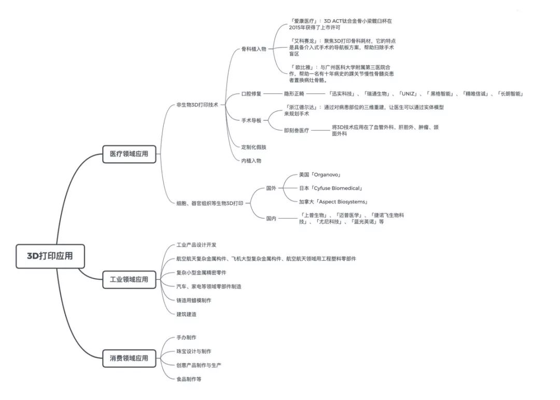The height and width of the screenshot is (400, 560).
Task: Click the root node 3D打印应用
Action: click(x=50, y=256)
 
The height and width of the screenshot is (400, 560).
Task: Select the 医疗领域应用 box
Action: click(x=129, y=154)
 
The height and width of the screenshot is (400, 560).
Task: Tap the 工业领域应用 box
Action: click(x=129, y=280)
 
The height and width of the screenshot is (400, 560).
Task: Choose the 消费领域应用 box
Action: click(x=129, y=358)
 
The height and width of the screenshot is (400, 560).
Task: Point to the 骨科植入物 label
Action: click(x=254, y=49)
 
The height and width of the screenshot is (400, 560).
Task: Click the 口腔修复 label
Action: click(x=251, y=94)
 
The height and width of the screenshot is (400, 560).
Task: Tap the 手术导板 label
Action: click(x=251, y=120)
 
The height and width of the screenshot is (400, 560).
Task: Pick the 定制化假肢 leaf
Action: click(x=254, y=147)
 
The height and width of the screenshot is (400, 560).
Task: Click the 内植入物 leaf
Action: click(x=251, y=161)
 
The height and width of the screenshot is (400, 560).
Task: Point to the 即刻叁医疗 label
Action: click(x=297, y=131)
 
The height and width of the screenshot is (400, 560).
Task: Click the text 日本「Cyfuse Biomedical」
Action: click(x=331, y=188)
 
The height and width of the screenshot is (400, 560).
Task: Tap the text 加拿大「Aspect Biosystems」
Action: click(x=333, y=202)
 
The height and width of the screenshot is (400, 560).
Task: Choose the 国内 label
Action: click(x=271, y=219)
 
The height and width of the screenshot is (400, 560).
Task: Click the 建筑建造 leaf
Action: click(x=187, y=314)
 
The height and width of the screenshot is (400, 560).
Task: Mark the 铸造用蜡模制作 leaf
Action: click(x=194, y=300)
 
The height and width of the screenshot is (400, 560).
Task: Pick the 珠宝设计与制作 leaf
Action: click(x=194, y=351)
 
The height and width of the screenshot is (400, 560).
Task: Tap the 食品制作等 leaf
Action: click(x=189, y=379)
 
